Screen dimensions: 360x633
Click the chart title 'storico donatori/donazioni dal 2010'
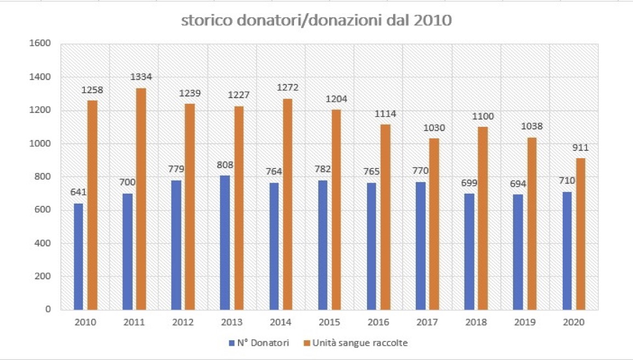[316, 21]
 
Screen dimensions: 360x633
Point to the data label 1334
[141, 77]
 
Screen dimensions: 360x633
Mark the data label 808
[225, 165]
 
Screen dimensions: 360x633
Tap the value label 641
[78, 192]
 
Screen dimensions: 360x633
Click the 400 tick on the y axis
[44, 243]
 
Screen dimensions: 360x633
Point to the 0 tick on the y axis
[48, 310]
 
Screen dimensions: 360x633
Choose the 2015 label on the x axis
[330, 323]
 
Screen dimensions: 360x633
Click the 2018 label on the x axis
[476, 323]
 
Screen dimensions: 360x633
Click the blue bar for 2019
[518, 252]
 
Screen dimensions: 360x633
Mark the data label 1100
[483, 116]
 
